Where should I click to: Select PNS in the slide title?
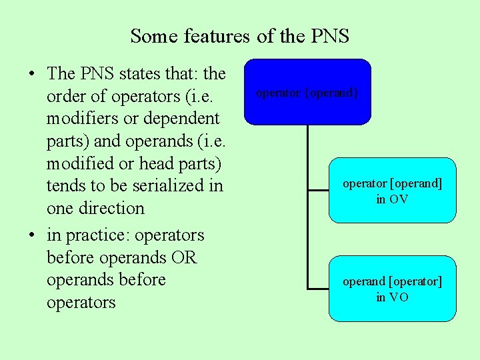tap(329, 36)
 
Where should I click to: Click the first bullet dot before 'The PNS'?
tap(33, 74)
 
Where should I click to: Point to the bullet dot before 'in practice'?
tap(33, 235)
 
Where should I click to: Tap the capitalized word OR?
tap(183, 257)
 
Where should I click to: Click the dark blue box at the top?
tap(307, 92)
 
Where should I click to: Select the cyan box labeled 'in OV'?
tap(392, 190)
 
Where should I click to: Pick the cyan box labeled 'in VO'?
tap(392, 289)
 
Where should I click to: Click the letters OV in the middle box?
tap(399, 199)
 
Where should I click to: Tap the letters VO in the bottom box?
tap(399, 297)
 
